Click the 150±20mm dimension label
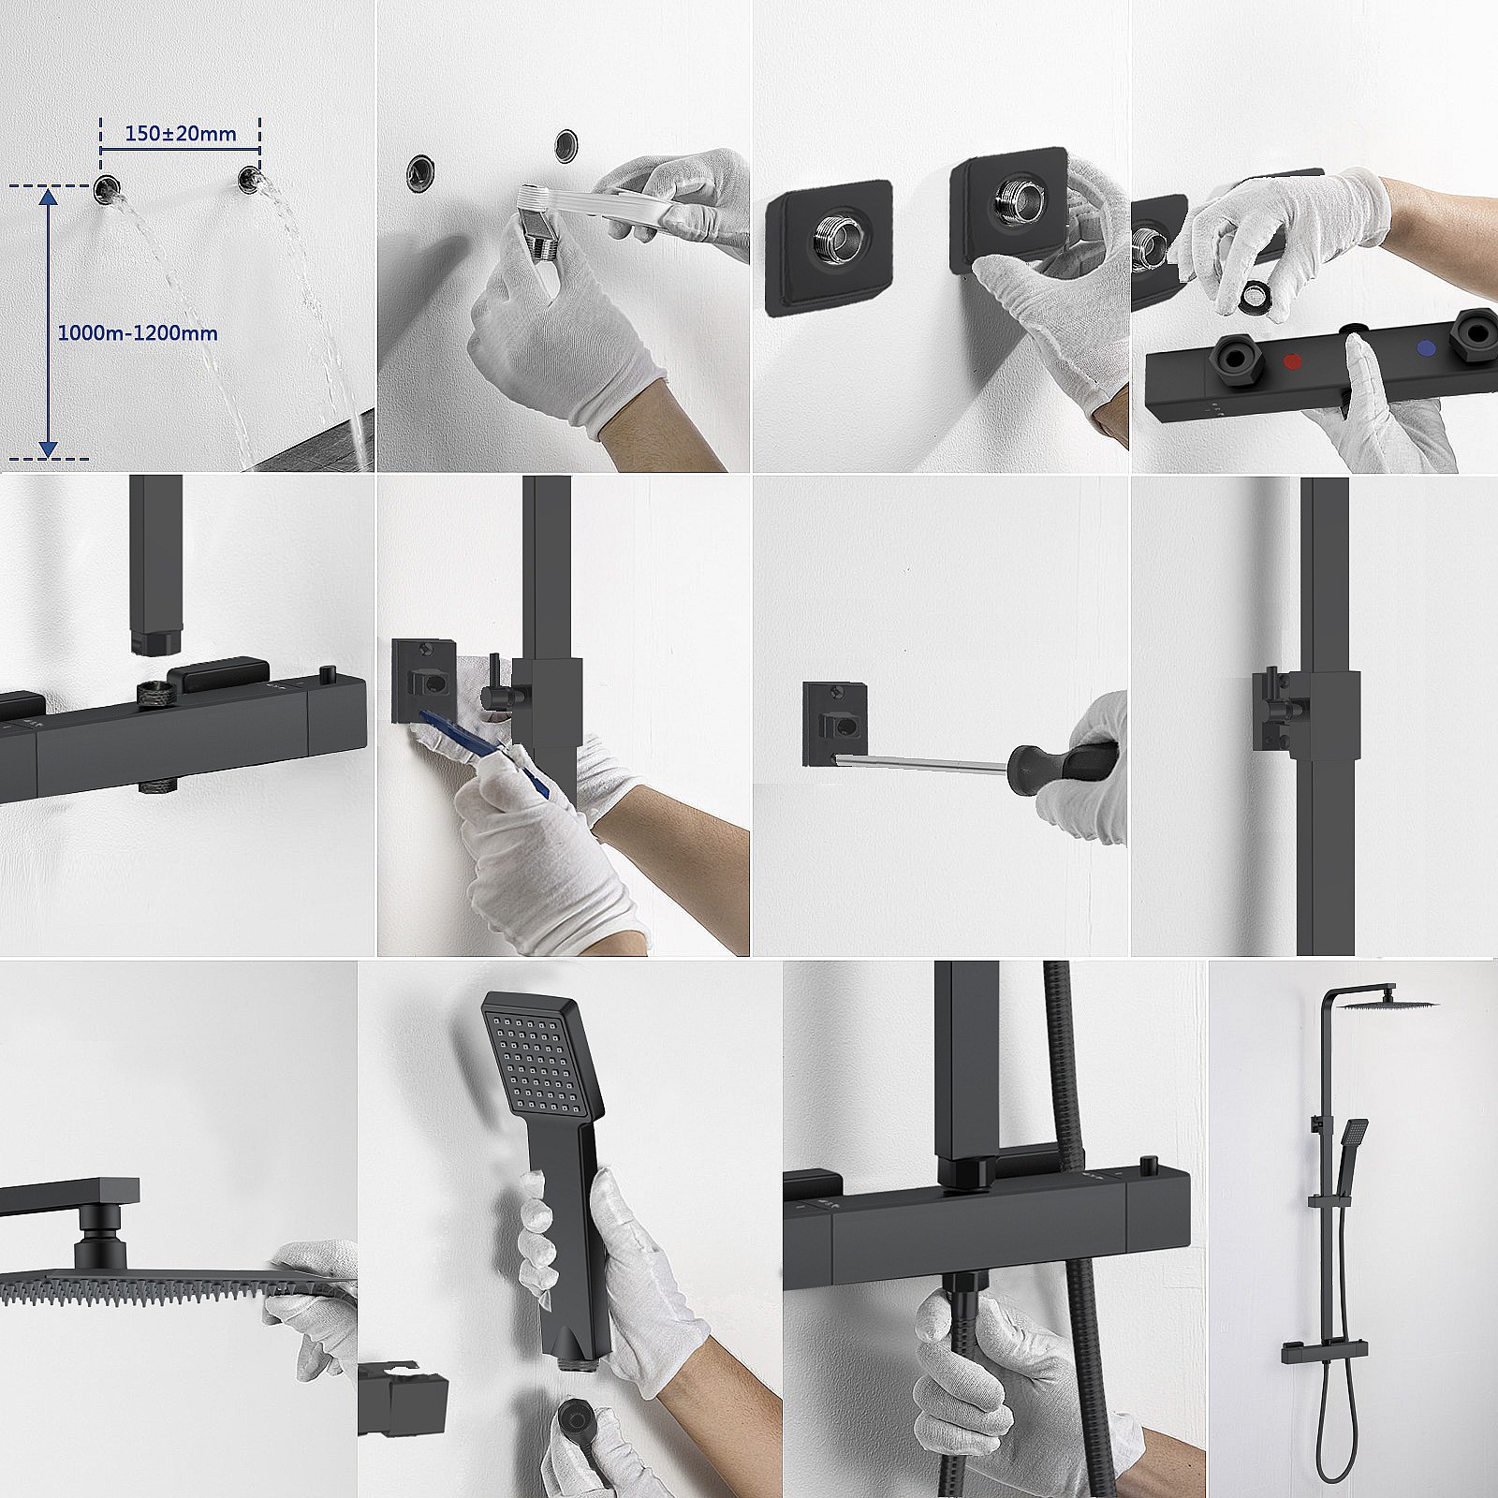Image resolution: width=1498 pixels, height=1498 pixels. point(181,133)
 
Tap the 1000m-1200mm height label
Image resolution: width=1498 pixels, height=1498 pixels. point(138,332)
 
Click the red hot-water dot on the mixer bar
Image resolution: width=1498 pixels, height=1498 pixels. point(1293,360)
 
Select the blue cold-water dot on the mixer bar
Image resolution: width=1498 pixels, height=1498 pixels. point(1427,348)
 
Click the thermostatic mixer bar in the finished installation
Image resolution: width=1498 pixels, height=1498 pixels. point(1309,1348)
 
